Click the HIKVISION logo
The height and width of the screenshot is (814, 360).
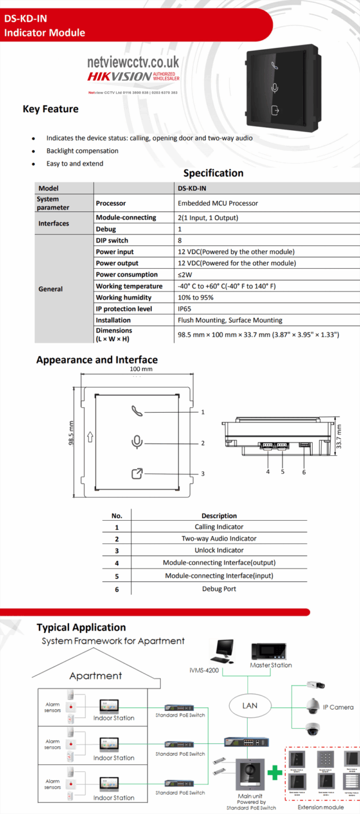click(119, 76)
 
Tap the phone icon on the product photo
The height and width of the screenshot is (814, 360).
click(275, 66)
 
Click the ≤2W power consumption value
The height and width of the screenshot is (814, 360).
click(185, 275)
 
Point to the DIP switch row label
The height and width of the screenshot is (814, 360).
click(112, 241)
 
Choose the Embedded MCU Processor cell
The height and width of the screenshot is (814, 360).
click(218, 203)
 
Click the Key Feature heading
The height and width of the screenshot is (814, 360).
click(50, 109)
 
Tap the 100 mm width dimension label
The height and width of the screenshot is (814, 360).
click(141, 370)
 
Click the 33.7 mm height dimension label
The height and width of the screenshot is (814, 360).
click(338, 437)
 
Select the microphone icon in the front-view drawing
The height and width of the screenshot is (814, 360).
click(137, 442)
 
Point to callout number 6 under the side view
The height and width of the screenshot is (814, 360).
click(304, 472)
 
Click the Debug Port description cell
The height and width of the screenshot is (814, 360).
click(219, 589)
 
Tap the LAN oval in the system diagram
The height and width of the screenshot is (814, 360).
click(250, 705)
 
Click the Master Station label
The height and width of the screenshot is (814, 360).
click(271, 665)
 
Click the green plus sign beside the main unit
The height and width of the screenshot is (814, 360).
click(275, 773)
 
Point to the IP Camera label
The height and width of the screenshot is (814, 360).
click(338, 707)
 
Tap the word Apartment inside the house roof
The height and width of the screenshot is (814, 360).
click(95, 675)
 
